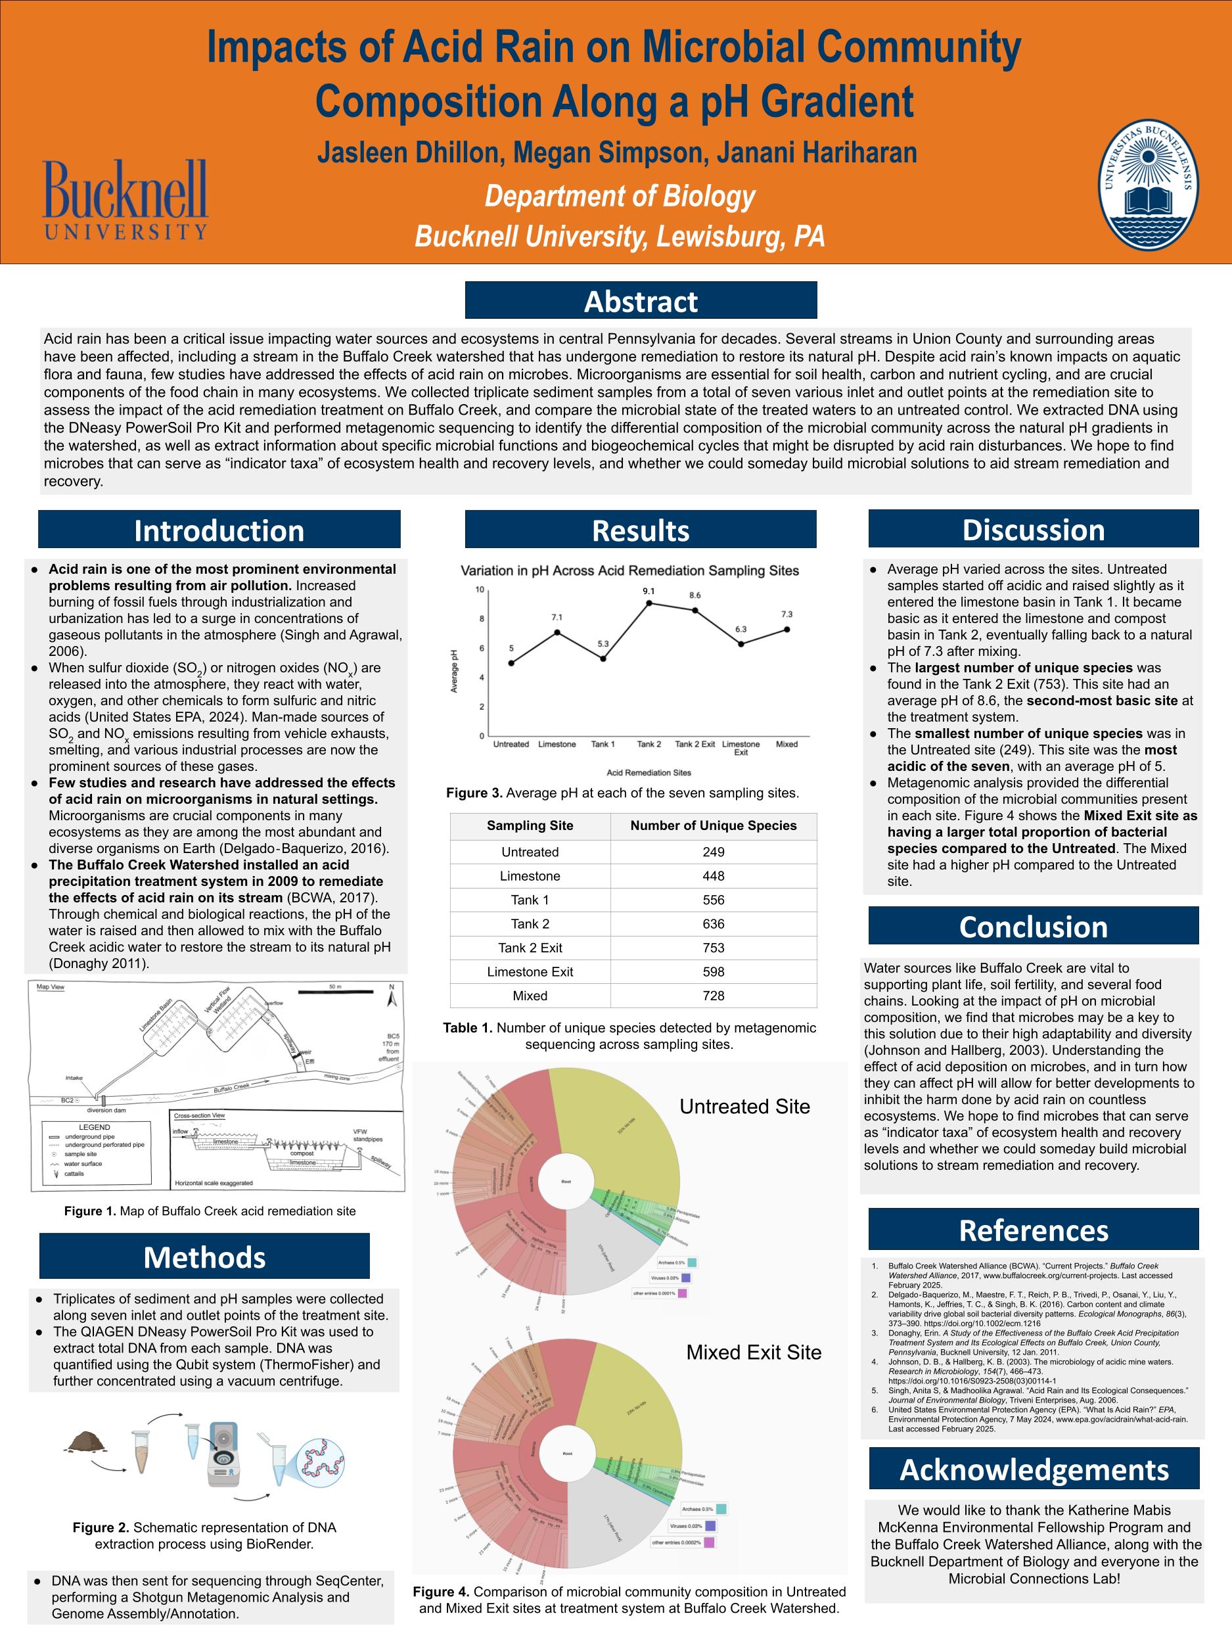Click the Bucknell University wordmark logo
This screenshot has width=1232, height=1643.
tap(125, 200)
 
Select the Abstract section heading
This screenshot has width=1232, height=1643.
tap(640, 301)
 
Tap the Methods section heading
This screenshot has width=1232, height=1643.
tap(204, 1257)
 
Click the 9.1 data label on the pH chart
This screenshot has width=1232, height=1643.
tap(649, 591)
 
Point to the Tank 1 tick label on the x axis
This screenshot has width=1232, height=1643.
tap(603, 744)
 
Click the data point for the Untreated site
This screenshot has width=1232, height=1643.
tap(511, 662)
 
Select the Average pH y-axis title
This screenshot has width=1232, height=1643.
tap(455, 671)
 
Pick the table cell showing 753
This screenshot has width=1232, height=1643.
tap(713, 948)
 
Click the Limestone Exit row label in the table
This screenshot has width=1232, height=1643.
tap(530, 971)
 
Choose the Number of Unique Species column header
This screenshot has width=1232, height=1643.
tap(713, 826)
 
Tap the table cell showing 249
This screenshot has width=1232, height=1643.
tap(713, 852)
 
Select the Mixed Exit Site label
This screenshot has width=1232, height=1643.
tap(753, 1353)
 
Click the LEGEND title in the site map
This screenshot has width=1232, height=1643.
tap(95, 1127)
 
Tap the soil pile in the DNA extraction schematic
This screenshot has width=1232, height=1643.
tap(85, 1443)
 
